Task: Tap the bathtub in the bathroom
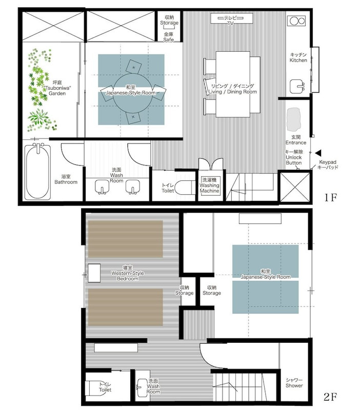[37, 171]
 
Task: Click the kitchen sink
[297, 86]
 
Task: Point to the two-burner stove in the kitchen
[296, 20]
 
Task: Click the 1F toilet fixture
[185, 187]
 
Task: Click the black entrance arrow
[318, 153]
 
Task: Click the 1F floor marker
[330, 197]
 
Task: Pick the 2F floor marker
[330, 397]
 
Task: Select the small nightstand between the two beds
[94, 273]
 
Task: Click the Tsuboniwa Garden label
[57, 88]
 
